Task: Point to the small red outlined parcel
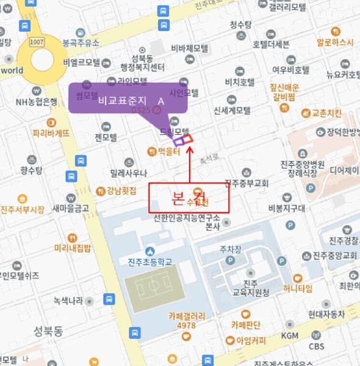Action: point(188,138)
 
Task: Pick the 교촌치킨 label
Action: point(327,113)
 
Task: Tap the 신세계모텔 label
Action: point(232,110)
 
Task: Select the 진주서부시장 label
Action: point(23,210)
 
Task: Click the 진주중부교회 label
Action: point(251,183)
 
